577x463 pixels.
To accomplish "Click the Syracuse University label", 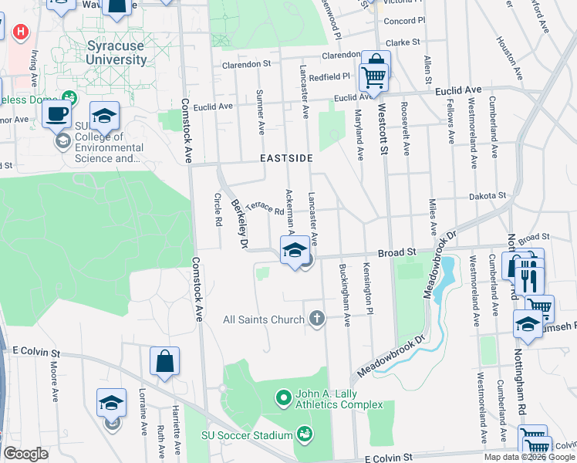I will [x=116, y=52].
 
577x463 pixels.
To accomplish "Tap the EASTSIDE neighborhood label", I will [x=286, y=157].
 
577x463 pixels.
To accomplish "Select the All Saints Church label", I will [x=264, y=319].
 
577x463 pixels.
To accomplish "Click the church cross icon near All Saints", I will [x=316, y=319].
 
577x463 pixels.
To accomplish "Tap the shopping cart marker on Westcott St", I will [x=374, y=73].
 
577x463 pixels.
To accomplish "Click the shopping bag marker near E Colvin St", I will [x=165, y=361].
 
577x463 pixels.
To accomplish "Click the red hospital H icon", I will [x=21, y=33].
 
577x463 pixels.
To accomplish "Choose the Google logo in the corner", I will [x=26, y=454].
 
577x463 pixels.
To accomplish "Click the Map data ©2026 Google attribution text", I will [x=529, y=457].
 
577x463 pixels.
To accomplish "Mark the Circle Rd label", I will [x=217, y=208].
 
